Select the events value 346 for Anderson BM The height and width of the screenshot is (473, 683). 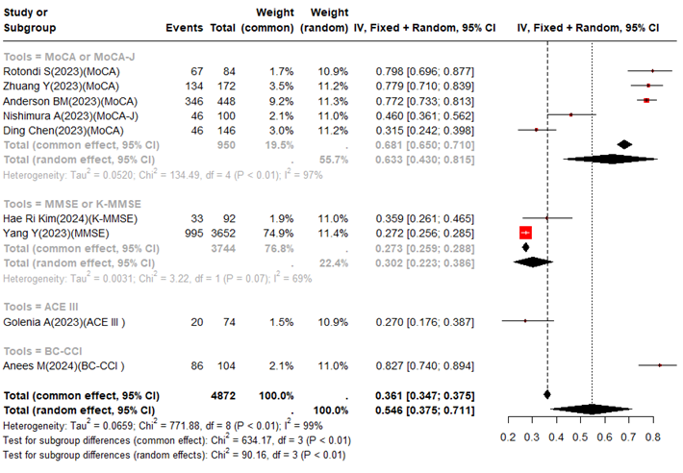tap(190, 100)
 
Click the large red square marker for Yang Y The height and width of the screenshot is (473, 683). tap(525, 233)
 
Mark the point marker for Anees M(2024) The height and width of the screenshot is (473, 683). tap(660, 365)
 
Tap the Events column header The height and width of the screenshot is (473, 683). tap(185, 26)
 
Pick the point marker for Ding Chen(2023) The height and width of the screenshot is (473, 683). tap(536, 129)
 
